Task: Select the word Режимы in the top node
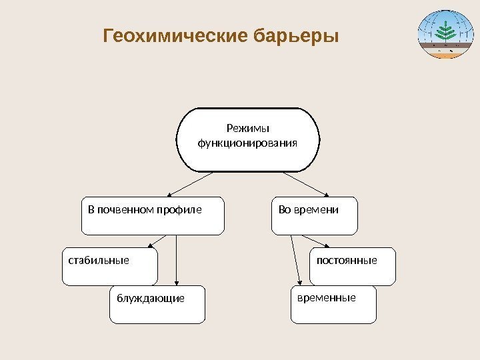coord(247,128)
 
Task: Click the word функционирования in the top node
coord(247,143)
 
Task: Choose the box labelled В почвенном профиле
coord(153,216)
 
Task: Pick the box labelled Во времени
coord(314,216)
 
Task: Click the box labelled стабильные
coord(110,267)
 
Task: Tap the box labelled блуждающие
coord(157,305)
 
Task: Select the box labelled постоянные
coord(354,265)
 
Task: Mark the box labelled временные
coord(333,305)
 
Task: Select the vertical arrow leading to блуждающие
coord(176,260)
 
